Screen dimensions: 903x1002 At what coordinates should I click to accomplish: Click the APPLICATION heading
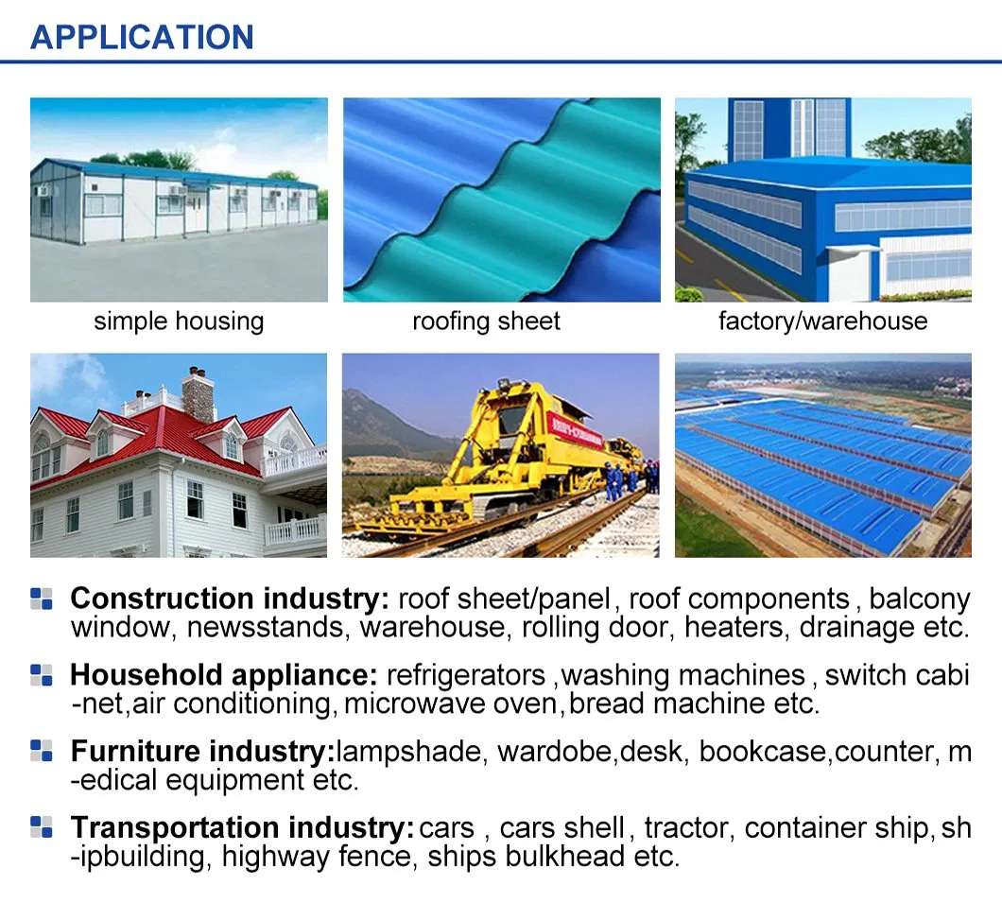tap(142, 37)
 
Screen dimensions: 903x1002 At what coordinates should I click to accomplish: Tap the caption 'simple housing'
tap(179, 321)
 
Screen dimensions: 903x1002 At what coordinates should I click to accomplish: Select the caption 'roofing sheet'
tap(486, 321)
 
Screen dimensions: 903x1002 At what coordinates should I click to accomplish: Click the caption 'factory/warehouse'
tap(822, 321)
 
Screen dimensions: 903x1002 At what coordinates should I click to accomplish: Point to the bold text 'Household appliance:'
tap(224, 675)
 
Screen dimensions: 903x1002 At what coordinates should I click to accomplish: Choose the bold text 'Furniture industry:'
tap(202, 752)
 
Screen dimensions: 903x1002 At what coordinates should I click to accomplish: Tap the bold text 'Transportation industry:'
tap(242, 828)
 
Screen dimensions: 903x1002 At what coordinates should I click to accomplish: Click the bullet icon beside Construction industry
tap(42, 599)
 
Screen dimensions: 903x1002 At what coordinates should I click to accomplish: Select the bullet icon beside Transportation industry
tap(42, 827)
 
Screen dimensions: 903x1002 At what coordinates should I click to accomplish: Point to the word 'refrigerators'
tap(466, 675)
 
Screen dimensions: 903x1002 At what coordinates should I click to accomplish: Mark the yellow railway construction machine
tap(501, 463)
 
